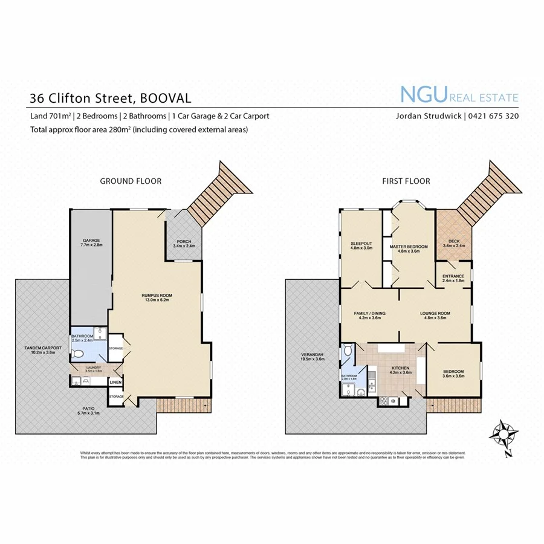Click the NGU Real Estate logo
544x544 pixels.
[x=459, y=96]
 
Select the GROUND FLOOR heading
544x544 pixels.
[x=131, y=181]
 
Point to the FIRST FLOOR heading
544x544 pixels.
[x=406, y=181]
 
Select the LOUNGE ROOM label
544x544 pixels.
[x=433, y=313]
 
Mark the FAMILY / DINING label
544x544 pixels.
[x=369, y=313]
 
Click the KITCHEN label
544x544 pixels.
[x=400, y=368]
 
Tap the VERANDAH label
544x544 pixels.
[x=312, y=355]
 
